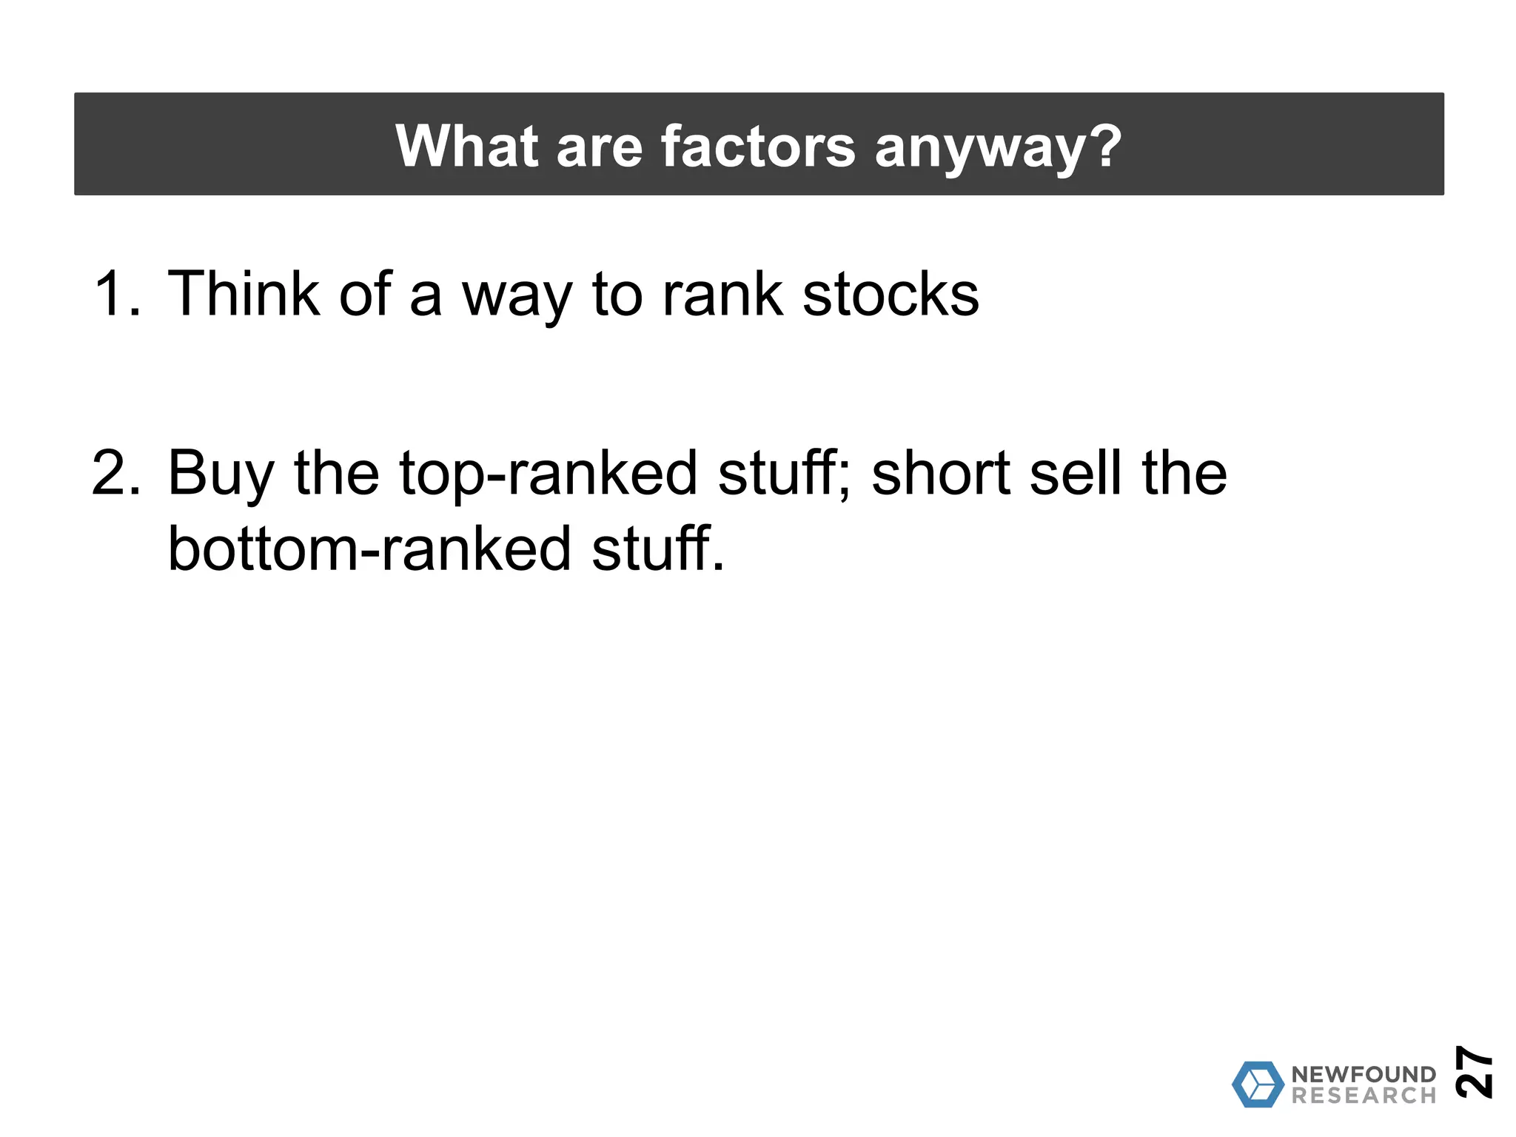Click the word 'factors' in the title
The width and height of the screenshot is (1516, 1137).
757,146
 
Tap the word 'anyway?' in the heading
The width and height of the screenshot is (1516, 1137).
998,147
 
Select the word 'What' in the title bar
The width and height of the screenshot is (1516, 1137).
466,146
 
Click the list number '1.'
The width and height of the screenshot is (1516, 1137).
117,294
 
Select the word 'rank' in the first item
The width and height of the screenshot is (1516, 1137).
722,294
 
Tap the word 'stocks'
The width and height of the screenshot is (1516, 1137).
891,294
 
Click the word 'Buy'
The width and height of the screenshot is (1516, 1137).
221,474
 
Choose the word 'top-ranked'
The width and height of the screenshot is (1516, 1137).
548,474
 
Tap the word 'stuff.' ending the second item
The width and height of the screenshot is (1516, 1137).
657,549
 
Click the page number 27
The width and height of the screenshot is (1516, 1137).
1473,1071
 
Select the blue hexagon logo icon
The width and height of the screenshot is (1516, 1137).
1258,1084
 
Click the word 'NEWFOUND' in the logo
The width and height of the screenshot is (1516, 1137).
1364,1074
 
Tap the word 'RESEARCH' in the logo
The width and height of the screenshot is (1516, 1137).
1364,1096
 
